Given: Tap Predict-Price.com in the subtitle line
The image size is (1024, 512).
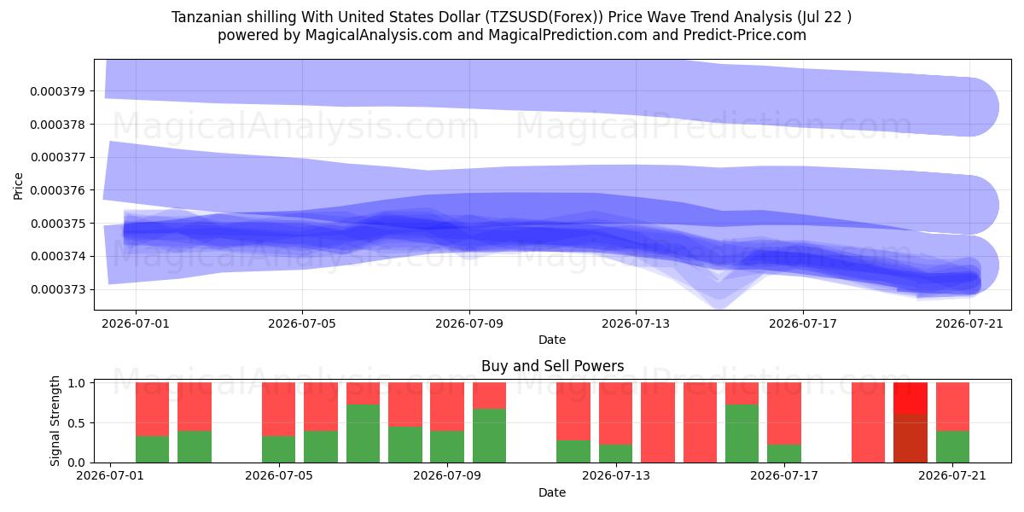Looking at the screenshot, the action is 745,35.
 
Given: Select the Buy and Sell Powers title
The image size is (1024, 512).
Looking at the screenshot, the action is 552,366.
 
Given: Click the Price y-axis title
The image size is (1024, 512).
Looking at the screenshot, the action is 18,186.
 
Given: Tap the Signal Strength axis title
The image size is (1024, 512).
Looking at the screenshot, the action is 55,421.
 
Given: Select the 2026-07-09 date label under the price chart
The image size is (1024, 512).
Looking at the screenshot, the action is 469,323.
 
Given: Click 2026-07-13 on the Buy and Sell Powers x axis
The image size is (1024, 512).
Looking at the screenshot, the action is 616,475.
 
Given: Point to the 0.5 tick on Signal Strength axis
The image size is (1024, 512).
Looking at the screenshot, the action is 76,423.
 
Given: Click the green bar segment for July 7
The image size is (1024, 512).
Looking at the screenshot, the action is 363,433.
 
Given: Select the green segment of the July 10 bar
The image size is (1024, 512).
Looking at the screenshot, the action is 489,436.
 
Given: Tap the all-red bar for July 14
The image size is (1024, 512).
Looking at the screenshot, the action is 658,422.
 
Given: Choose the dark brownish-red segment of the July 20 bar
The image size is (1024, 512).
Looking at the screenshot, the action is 911,439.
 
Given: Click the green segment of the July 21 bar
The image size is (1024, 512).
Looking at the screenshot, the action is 952,446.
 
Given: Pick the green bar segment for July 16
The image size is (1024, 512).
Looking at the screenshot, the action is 742,433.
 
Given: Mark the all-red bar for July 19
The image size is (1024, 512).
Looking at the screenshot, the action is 868,422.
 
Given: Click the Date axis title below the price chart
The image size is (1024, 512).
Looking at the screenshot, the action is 552,340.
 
